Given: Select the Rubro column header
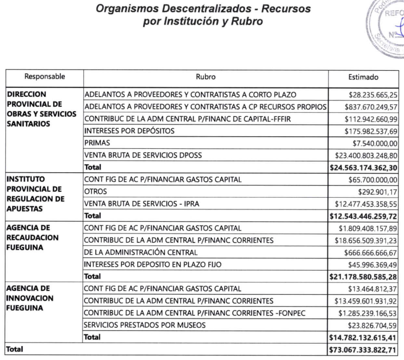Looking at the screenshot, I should point(205,77).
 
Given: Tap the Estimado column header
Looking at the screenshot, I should point(364,77).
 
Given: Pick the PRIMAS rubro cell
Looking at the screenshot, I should point(94,143).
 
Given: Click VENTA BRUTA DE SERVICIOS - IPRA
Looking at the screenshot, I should point(141,204).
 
